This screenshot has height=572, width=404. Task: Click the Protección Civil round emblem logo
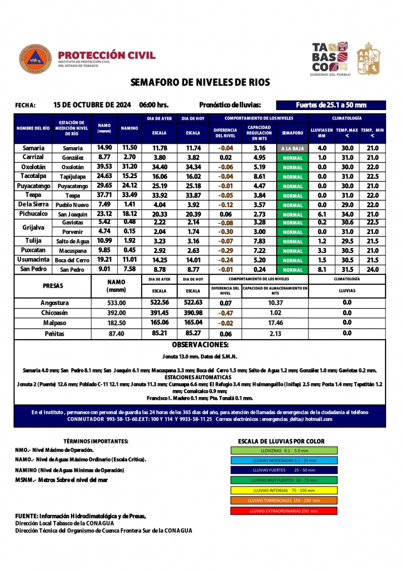tap(35, 58)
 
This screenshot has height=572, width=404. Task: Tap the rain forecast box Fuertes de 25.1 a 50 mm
tap(331, 105)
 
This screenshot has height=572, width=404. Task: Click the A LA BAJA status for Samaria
tap(292, 149)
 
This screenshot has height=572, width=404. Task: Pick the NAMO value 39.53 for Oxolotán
tap(104, 166)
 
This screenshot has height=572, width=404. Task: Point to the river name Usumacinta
tap(33, 260)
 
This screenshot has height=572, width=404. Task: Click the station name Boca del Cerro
tap(73, 260)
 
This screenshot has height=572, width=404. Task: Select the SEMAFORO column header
tap(292, 133)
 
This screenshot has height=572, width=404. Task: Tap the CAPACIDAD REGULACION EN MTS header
tap(259, 133)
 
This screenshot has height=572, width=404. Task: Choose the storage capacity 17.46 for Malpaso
tap(275, 323)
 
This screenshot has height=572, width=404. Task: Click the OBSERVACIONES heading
tap(200, 345)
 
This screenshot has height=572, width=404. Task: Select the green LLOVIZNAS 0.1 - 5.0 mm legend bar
tap(284, 450)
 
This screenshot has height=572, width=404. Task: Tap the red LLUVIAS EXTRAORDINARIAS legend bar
tap(284, 511)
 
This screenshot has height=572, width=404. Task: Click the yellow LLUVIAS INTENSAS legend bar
tap(284, 490)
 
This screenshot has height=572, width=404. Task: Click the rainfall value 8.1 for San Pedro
tap(322, 269)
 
